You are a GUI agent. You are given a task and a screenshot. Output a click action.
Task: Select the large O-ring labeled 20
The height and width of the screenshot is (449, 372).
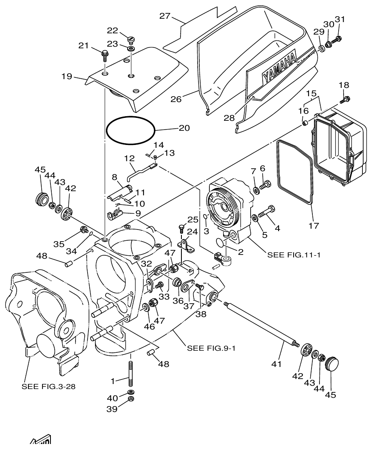(x=131, y=130)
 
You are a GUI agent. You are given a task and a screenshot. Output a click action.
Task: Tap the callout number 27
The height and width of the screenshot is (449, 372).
(x=165, y=16)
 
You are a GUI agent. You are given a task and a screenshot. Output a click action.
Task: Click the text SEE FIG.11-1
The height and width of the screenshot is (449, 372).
(x=294, y=255)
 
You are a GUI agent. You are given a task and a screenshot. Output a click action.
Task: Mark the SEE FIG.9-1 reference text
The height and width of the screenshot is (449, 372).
(x=211, y=348)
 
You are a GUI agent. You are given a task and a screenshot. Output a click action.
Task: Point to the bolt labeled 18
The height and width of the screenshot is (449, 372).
(x=346, y=99)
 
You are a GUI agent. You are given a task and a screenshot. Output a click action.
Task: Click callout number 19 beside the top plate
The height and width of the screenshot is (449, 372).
(x=67, y=77)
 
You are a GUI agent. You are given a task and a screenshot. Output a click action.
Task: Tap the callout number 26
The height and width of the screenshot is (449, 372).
(x=177, y=100)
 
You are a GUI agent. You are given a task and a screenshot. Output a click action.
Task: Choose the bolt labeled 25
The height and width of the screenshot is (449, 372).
(x=182, y=227)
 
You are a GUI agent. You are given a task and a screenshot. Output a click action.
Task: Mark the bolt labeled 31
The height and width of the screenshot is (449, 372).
(x=338, y=39)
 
